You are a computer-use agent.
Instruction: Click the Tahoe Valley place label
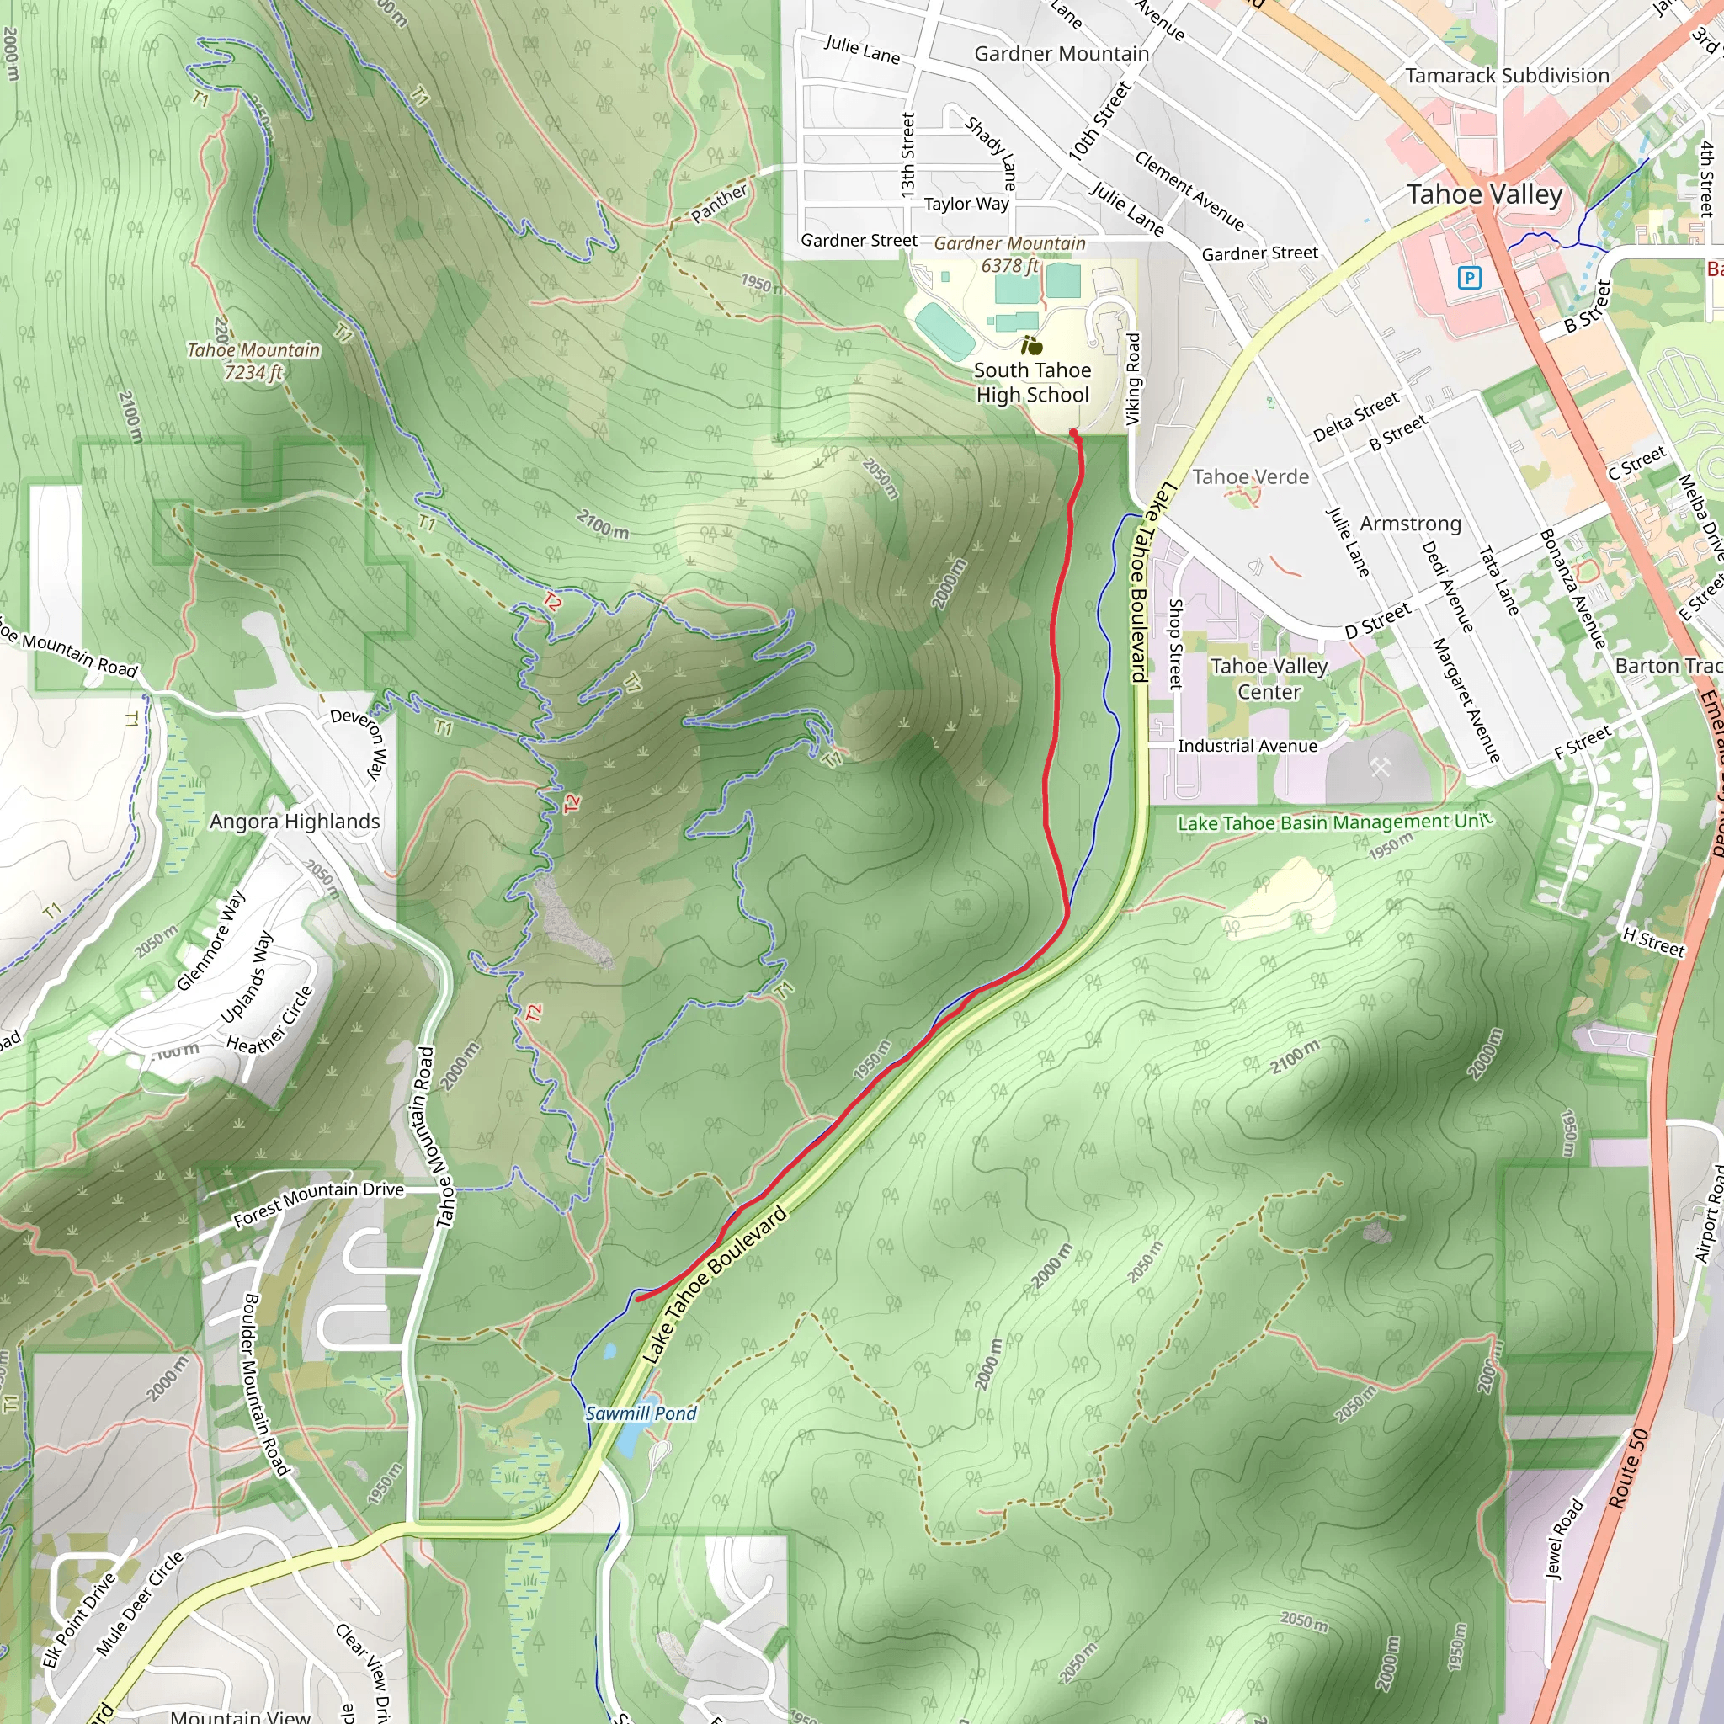click(x=1484, y=194)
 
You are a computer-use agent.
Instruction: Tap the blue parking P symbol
click(x=1468, y=278)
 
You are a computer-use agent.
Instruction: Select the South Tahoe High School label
click(x=1032, y=382)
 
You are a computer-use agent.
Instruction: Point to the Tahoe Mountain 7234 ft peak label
click(x=253, y=360)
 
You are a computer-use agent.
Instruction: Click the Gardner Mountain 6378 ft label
click(x=1010, y=254)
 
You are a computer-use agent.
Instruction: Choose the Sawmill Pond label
click(x=641, y=1413)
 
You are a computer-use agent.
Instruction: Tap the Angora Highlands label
click(x=295, y=821)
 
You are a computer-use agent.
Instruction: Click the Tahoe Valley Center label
click(x=1269, y=679)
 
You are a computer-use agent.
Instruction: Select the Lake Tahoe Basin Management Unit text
click(x=1334, y=822)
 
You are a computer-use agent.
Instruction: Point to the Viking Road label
click(x=1133, y=378)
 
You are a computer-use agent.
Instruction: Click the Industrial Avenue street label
click(x=1248, y=746)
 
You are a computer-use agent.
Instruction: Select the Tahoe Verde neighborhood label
click(x=1250, y=476)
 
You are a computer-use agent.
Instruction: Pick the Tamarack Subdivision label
click(x=1507, y=76)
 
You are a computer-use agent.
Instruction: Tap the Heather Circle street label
click(x=269, y=1019)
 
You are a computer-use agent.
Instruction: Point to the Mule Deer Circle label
click(x=139, y=1603)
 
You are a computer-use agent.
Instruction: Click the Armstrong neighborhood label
click(x=1410, y=523)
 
